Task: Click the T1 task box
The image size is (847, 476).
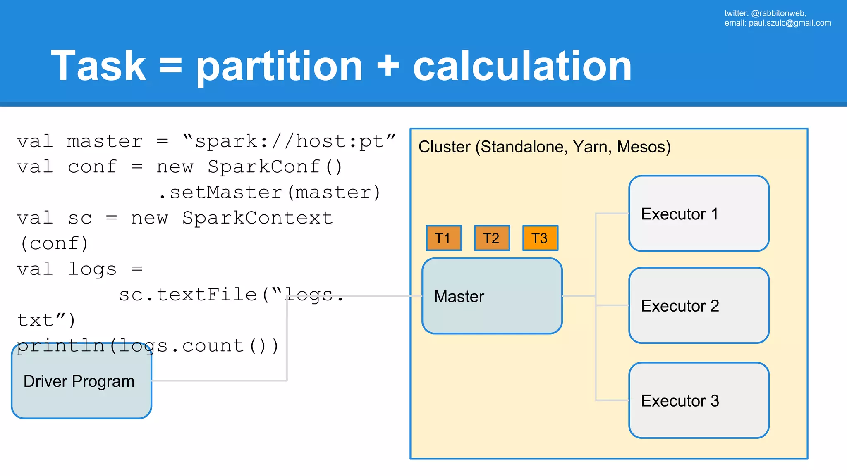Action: coord(444,238)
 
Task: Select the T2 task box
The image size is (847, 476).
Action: coord(492,238)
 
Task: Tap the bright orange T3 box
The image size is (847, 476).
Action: coord(540,238)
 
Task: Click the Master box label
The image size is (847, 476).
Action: coord(459,296)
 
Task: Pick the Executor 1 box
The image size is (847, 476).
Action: coord(699,214)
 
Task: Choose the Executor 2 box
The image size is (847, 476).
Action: coord(699,305)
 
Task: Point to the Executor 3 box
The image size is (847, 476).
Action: coord(699,400)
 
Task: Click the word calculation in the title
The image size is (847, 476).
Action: coord(522,66)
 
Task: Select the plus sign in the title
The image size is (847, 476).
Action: coord(388,66)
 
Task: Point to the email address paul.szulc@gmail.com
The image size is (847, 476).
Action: coord(790,23)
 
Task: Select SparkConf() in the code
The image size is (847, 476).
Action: coord(275,167)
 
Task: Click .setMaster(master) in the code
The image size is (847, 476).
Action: coord(270,193)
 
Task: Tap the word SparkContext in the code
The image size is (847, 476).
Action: coord(258,218)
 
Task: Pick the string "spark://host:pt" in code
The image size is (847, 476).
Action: coord(289,141)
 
